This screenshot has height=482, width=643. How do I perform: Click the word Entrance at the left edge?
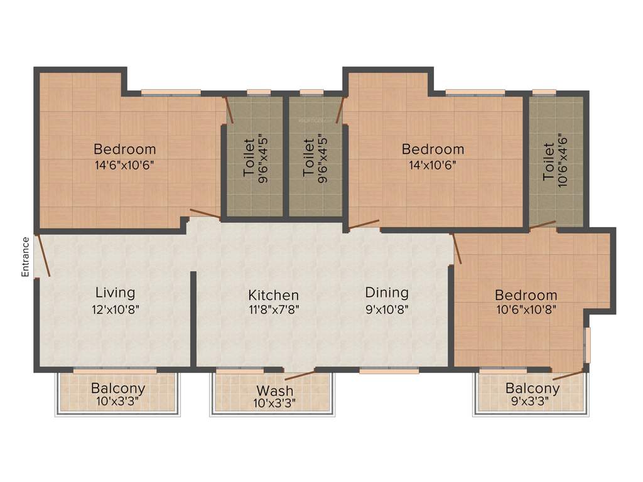coord(26,257)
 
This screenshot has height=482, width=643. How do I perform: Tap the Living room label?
coord(115,292)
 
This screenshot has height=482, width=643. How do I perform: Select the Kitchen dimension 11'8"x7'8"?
coord(273,309)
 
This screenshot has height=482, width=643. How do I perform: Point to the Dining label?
coord(387,292)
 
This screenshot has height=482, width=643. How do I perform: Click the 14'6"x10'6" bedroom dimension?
coord(124,165)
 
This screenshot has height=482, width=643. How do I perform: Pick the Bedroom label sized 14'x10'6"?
coord(433,149)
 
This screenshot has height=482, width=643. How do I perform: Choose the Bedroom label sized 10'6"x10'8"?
coord(526,295)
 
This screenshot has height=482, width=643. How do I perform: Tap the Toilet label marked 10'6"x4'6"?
coord(549,163)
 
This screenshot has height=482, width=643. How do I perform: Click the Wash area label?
coord(274,390)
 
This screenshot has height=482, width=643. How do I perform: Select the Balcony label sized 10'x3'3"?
coord(118,388)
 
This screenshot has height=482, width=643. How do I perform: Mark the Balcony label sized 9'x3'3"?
coord(532,388)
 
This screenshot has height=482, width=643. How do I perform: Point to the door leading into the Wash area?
coord(300,375)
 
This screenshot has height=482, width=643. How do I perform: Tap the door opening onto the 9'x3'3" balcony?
coord(568,375)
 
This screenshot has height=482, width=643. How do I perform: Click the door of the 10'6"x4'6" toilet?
coord(543,224)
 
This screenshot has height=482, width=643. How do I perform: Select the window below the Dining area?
coord(389,371)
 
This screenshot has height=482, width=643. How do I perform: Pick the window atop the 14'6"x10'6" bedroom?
coord(170,93)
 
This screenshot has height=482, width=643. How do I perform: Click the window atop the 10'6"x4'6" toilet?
coord(544,93)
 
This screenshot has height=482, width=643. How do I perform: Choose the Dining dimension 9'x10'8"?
coord(387,309)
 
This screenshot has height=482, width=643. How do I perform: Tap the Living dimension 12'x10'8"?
coord(115,309)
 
